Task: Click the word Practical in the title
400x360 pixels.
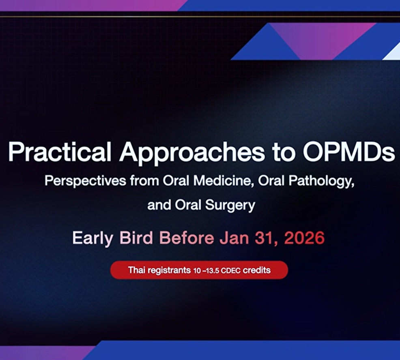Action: tap(60, 152)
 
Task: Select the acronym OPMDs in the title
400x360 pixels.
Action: tap(348, 152)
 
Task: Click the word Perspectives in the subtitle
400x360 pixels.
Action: tap(85, 181)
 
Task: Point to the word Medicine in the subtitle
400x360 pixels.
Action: tap(223, 181)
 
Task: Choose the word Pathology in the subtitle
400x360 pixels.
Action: tap(321, 181)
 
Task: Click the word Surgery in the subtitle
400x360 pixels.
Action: tap(230, 206)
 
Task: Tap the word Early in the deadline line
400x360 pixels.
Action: tap(92, 238)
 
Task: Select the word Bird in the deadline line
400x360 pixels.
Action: tap(136, 238)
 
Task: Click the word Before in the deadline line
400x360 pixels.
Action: tap(187, 238)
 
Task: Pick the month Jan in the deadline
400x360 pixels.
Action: tap(234, 238)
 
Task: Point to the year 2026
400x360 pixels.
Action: tap(304, 238)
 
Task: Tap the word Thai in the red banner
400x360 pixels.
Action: tap(136, 270)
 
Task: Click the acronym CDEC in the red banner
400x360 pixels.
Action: tap(230, 270)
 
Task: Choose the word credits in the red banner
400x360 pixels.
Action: tap(257, 270)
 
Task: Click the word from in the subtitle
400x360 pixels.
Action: tap(144, 181)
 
